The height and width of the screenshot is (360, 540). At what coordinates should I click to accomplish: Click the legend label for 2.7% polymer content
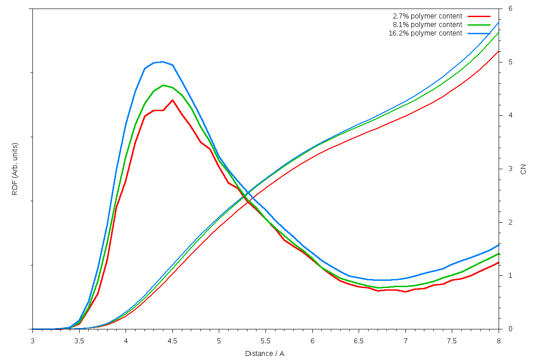[x=427, y=16]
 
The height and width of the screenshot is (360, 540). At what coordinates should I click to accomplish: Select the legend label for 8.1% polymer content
[x=427, y=25]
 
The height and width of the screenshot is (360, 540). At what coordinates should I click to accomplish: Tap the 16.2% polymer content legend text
[x=425, y=33]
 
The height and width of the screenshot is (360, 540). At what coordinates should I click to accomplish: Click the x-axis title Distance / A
[x=265, y=354]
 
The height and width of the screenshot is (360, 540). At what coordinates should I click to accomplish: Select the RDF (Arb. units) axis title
[x=15, y=169]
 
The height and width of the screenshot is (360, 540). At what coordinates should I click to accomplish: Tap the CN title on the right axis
[x=523, y=169]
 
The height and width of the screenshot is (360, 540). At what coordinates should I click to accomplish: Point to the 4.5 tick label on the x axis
[x=172, y=341]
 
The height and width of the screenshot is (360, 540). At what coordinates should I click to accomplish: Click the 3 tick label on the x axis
[x=32, y=341]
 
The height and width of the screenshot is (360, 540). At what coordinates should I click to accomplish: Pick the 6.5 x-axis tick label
[x=359, y=341]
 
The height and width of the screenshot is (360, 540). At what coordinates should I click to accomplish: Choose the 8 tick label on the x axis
[x=499, y=341]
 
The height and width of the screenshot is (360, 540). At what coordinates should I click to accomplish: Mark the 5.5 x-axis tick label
[x=265, y=341]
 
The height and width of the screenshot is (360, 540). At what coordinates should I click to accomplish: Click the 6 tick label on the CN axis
[x=510, y=9]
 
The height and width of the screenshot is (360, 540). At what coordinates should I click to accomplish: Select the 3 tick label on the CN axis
[x=510, y=169]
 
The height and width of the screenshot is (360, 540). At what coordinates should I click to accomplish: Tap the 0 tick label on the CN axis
[x=510, y=329]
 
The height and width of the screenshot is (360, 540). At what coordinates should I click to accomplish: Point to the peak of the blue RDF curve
[x=162, y=62]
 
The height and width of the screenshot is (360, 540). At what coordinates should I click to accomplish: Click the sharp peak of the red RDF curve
[x=172, y=100]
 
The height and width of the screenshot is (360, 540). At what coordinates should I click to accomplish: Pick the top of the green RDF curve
[x=163, y=85]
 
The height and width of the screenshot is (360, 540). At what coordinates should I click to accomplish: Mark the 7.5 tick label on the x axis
[x=452, y=341]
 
